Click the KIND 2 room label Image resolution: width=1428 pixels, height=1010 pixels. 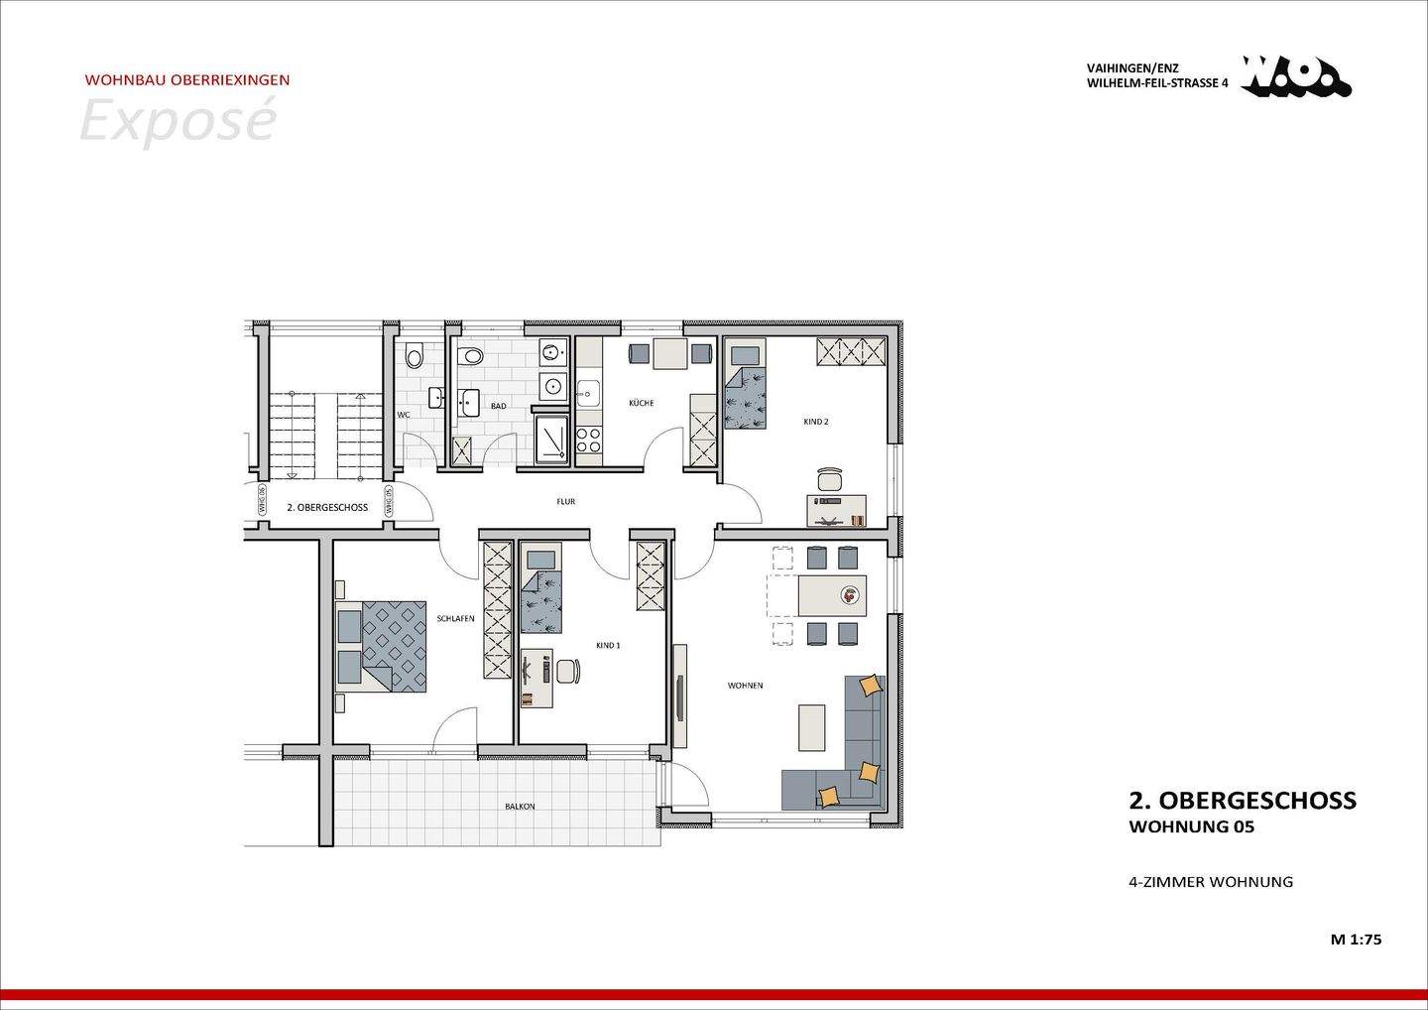[x=815, y=422]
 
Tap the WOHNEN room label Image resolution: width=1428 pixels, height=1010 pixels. [x=745, y=686]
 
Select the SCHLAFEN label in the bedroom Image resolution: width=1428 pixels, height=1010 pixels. [x=455, y=618]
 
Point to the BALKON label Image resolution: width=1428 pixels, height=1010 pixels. [x=520, y=807]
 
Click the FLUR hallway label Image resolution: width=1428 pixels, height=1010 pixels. [x=565, y=502]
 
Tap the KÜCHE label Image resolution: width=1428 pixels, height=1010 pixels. [x=641, y=403]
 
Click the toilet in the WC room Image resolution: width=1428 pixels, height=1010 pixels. [x=415, y=354]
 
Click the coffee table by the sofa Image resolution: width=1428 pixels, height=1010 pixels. [x=811, y=727]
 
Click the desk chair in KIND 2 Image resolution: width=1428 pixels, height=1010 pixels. [x=830, y=478]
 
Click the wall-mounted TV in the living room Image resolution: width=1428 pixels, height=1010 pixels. [x=679, y=697]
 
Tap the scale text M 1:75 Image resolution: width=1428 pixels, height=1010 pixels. [x=1356, y=939]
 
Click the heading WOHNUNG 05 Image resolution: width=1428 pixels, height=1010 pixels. [x=1191, y=827]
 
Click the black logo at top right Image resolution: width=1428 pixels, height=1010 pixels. [x=1295, y=77]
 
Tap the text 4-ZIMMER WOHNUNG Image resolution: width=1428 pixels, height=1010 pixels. [x=1211, y=882]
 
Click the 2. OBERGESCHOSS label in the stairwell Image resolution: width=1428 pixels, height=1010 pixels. [x=327, y=507]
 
